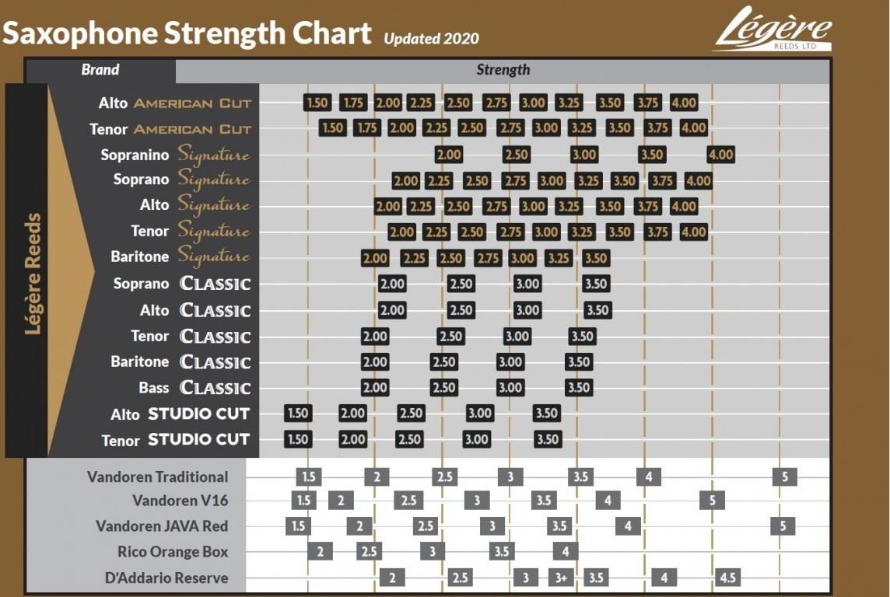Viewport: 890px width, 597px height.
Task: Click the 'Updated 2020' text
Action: [431, 38]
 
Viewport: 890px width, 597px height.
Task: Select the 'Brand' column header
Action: [100, 70]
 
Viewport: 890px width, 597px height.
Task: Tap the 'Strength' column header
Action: [503, 70]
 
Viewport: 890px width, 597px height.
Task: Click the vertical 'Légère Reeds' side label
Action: [33, 274]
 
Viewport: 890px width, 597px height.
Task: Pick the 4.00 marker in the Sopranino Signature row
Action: [720, 155]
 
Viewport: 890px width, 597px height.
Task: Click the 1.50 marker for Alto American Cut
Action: [317, 103]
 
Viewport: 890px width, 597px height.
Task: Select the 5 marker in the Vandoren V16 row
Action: [712, 501]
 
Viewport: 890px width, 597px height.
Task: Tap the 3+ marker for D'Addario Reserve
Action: [561, 578]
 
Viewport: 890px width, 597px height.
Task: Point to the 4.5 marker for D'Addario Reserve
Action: [728, 578]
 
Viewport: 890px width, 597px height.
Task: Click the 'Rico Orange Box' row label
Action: [173, 552]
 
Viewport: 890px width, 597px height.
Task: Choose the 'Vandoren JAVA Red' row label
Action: [162, 526]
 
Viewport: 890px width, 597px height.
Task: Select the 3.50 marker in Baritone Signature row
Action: [595, 258]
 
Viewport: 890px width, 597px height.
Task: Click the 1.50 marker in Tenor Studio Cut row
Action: [298, 439]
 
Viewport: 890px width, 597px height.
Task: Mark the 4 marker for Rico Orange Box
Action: [566, 552]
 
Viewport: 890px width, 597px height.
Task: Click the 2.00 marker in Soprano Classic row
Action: [392, 284]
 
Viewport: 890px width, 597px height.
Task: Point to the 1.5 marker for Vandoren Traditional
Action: [309, 477]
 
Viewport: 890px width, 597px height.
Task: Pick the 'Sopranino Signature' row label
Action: [175, 155]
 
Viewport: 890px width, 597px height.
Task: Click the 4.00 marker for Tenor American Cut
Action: [693, 128]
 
